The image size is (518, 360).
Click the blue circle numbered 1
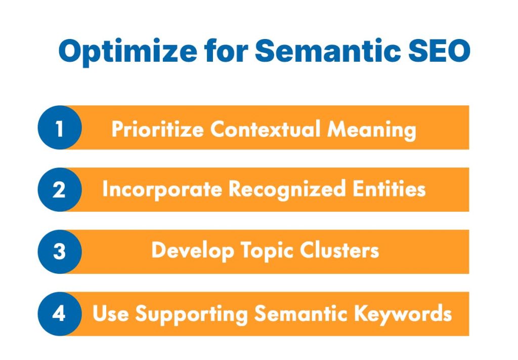point(60,128)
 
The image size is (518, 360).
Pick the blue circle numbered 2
point(60,190)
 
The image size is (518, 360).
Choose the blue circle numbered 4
point(60,313)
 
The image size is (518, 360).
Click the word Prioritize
point(158,129)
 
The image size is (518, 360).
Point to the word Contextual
point(266,129)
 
